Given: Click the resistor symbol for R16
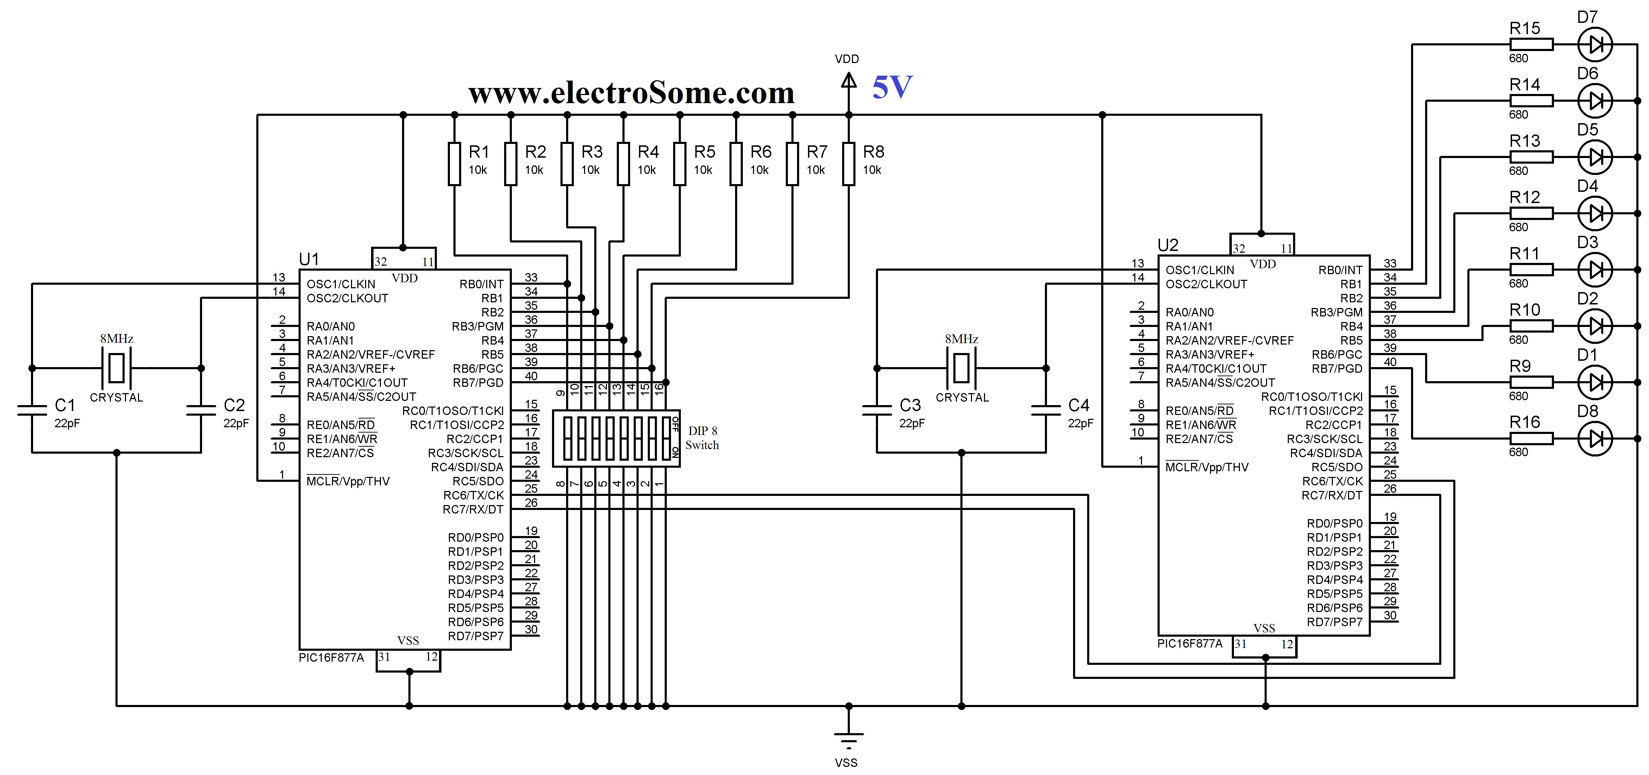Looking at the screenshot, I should point(1531,439).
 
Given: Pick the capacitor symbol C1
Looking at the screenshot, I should point(32,410).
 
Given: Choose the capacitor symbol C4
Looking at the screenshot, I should point(1046,410).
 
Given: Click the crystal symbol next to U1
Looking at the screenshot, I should point(117,368).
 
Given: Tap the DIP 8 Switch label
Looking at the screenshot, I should point(702,438).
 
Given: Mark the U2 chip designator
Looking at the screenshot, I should point(1168,245).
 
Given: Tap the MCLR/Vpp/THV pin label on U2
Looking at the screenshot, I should point(1207,467).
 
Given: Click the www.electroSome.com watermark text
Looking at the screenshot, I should point(631,93).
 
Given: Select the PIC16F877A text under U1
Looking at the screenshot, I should point(331,658).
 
